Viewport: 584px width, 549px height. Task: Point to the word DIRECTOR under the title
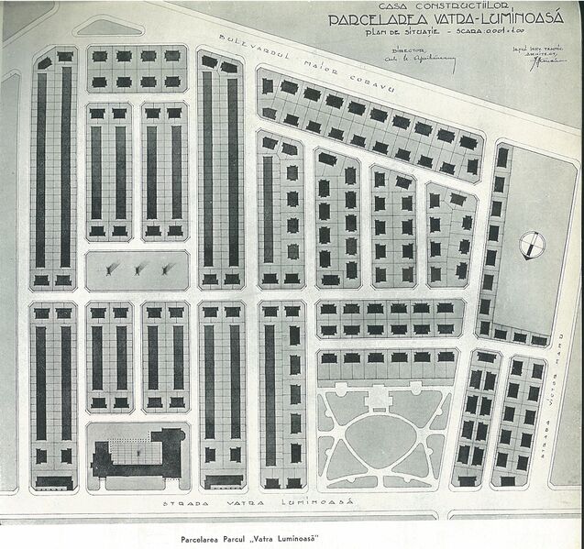[x=402, y=42]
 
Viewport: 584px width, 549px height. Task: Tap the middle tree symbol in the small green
[x=140, y=269]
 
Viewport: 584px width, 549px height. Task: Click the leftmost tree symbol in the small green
[x=109, y=269]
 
